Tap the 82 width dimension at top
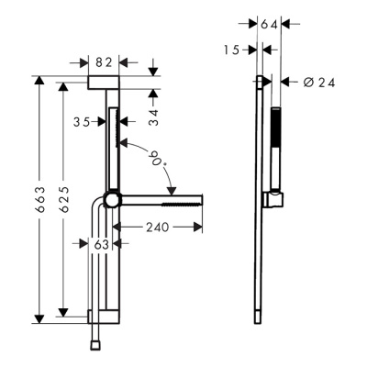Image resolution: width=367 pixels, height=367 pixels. pyautogui.click(x=105, y=62)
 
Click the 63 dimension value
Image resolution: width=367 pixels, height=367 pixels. pyautogui.click(x=103, y=243)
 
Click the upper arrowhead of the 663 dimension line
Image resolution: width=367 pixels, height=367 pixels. pyautogui.click(x=39, y=81)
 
